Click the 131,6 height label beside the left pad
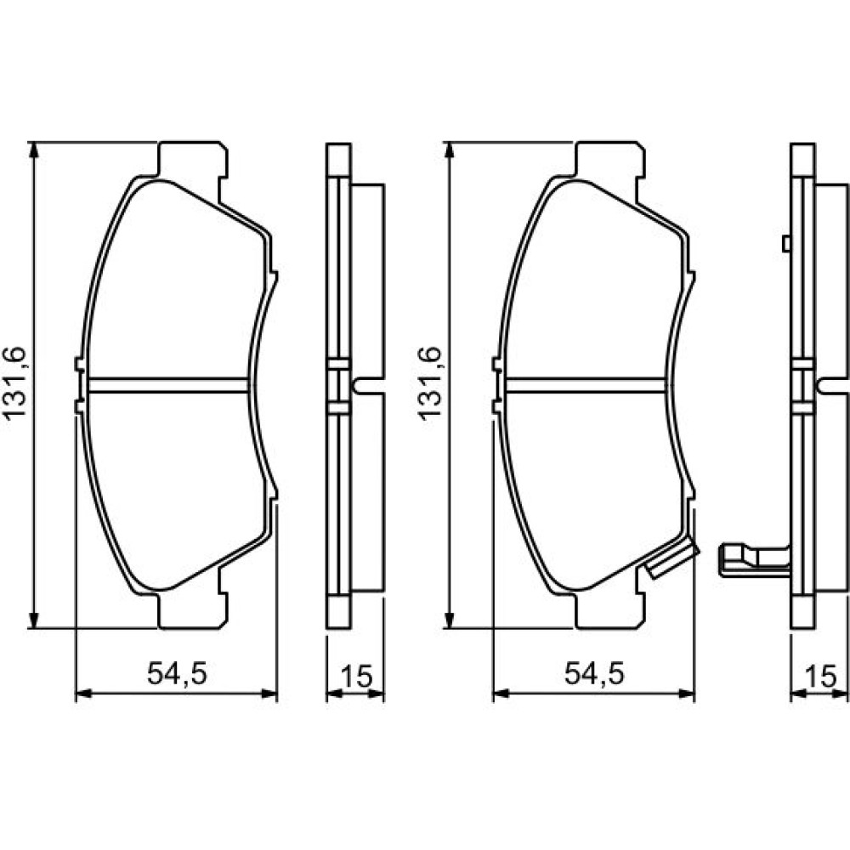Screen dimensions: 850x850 point(15,382)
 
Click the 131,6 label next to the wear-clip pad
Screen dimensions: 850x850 point(430,382)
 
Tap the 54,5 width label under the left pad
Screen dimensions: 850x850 point(178,674)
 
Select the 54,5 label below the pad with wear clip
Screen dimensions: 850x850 point(595,674)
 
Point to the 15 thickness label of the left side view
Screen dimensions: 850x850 point(356,676)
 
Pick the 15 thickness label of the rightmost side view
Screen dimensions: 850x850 point(821,676)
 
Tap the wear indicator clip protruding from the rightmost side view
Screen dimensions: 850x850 point(754,560)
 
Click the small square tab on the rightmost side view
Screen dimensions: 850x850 point(786,244)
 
